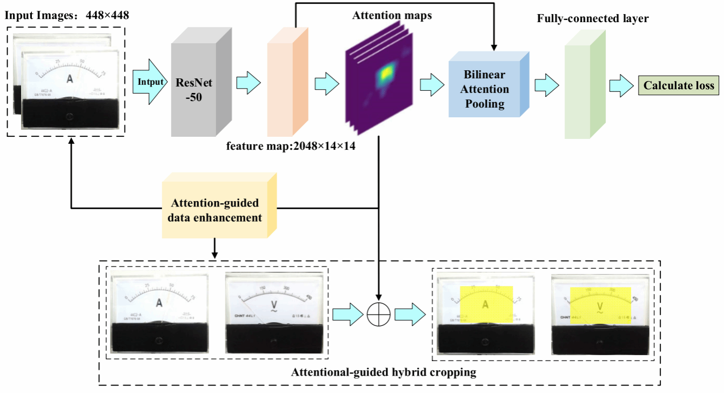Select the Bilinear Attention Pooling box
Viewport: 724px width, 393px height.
tap(485, 89)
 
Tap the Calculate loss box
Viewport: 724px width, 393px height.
tap(679, 85)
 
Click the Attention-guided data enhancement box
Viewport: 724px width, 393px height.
tap(215, 211)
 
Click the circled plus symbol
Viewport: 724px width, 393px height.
tap(378, 314)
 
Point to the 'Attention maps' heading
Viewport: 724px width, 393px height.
tap(392, 16)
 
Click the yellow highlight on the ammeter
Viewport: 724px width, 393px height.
tap(486, 304)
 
